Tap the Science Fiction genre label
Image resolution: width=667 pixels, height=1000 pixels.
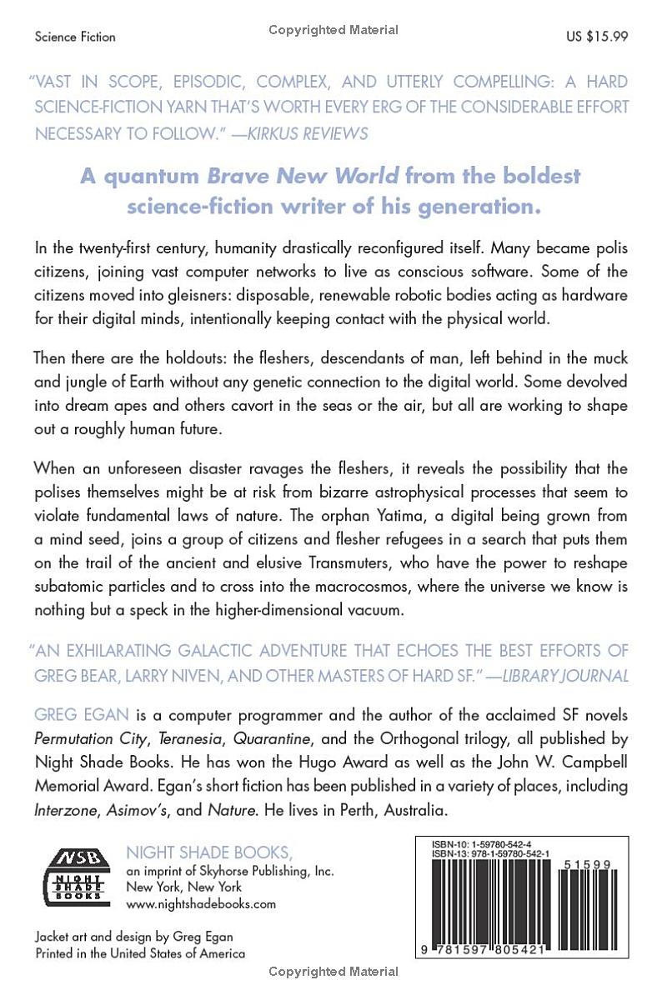click(x=75, y=37)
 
